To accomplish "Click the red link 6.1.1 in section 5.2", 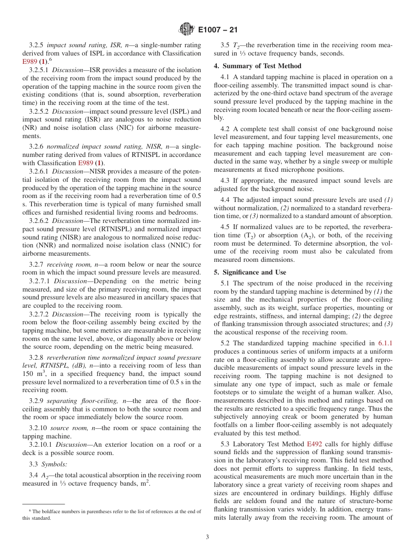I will point(385,344).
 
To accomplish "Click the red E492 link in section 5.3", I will point(315,444).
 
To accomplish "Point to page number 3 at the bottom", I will point(207,537).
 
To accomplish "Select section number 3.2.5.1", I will point(39,70).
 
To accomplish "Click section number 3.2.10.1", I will point(41,445).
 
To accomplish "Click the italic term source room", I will point(66,428).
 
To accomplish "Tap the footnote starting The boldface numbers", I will point(111,514).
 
